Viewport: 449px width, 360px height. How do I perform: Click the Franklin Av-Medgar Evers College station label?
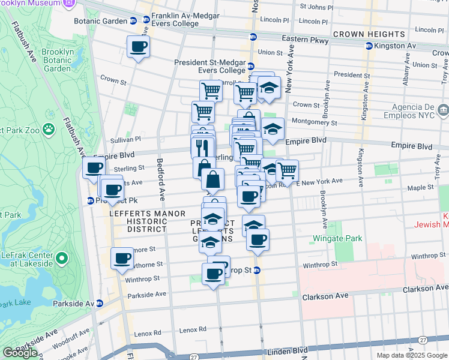pos(175,19)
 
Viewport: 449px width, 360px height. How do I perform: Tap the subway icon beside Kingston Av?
pos(368,46)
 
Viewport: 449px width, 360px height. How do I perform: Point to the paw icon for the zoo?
pos(49,128)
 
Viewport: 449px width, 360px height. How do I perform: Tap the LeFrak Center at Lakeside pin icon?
pos(63,260)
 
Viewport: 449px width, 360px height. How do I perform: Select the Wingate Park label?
pos(337,238)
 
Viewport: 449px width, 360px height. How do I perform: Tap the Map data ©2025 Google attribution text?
pos(411,355)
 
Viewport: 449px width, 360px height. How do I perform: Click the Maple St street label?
pos(420,188)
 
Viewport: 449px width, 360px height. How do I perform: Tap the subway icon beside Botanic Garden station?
pos(132,20)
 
